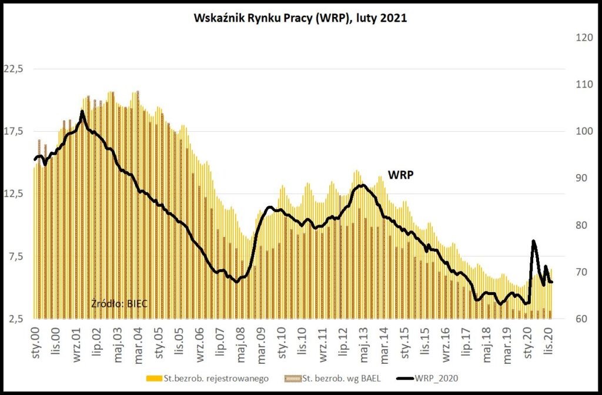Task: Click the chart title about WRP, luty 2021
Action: click(300, 18)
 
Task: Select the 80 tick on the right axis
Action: click(578, 225)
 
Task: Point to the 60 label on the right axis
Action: click(578, 319)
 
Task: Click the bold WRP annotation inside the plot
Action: click(400, 175)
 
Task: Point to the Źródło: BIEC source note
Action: click(119, 303)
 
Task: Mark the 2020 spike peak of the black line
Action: click(533, 241)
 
